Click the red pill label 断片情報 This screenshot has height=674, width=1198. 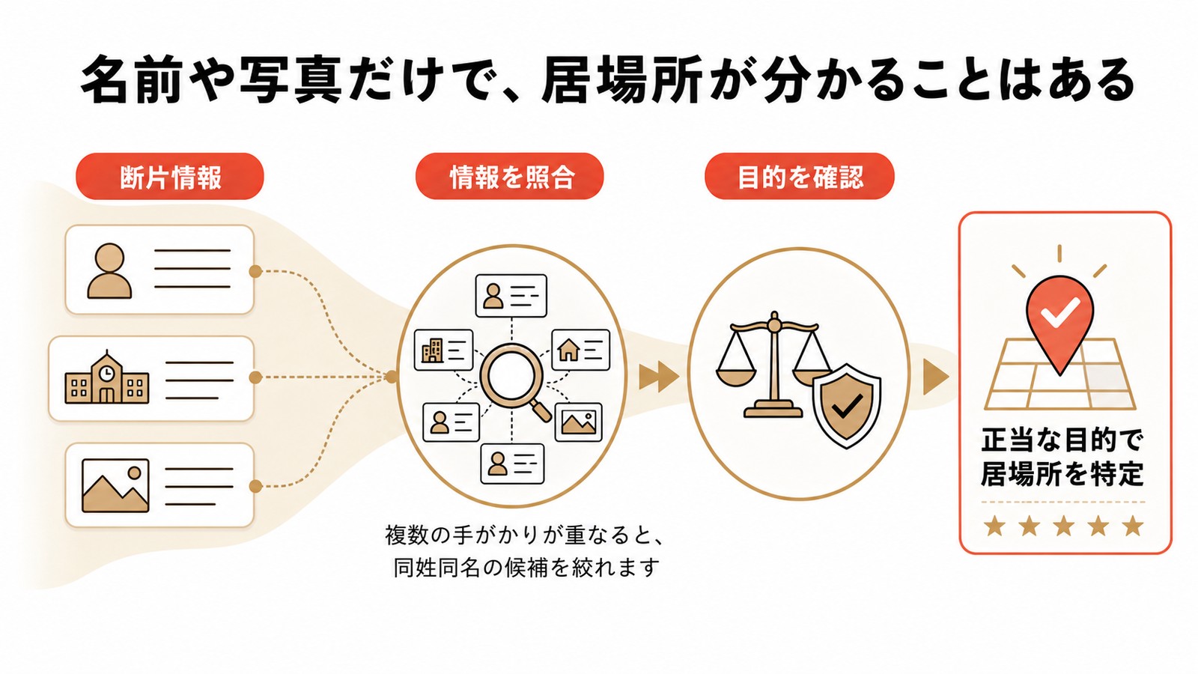pyautogui.click(x=170, y=177)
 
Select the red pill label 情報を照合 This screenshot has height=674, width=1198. pyautogui.click(x=510, y=177)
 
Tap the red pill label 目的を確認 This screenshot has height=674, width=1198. pyautogui.click(x=800, y=177)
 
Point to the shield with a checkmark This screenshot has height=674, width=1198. pyautogui.click(x=847, y=405)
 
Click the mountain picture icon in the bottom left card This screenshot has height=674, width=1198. pyautogui.click(x=115, y=485)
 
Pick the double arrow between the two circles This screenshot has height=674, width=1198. pyautogui.click(x=658, y=377)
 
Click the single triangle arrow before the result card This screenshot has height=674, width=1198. pyautogui.click(x=935, y=377)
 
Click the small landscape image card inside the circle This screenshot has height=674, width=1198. pyautogui.click(x=579, y=422)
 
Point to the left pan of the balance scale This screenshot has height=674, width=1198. pyautogui.click(x=737, y=376)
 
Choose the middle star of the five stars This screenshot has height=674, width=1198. pyautogui.click(x=1064, y=526)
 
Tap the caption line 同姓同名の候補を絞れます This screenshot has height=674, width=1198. pyautogui.click(x=526, y=568)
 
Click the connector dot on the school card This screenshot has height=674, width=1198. pyautogui.click(x=255, y=377)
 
